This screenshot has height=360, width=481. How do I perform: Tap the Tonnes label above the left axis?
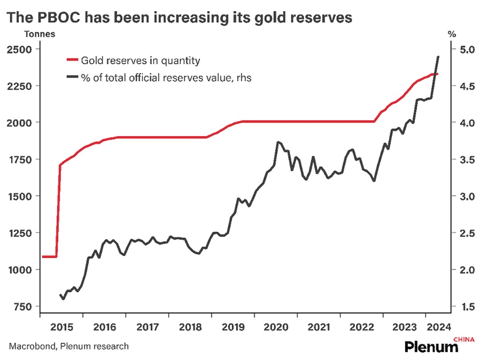click(40, 34)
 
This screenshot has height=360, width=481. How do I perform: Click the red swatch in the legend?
click(72, 60)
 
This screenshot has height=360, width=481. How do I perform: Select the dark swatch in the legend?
click(72, 77)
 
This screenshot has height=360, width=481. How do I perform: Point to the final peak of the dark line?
click(438, 57)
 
